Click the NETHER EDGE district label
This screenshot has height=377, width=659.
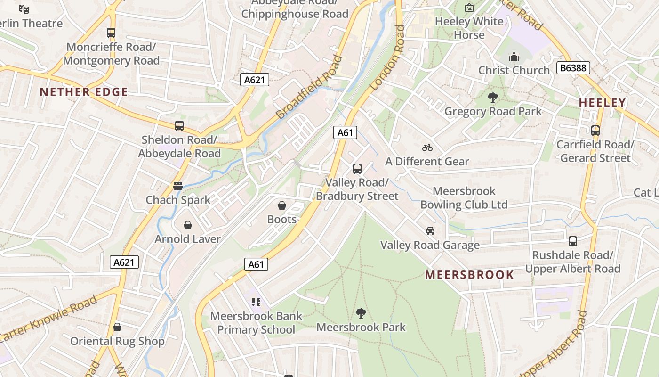[84, 92]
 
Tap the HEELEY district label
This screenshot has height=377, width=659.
[602, 102]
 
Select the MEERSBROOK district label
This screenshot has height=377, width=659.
[469, 275]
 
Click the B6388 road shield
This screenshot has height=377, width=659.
[573, 68]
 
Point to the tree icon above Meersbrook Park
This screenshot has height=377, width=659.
[361, 313]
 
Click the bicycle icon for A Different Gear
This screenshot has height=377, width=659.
[427, 148]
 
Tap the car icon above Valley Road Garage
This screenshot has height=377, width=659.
[430, 231]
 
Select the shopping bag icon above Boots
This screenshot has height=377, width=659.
[282, 205]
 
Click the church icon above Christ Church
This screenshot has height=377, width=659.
[514, 57]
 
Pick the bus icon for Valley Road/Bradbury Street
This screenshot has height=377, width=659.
[357, 168]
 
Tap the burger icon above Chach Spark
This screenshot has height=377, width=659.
[177, 186]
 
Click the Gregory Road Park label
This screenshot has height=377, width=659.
[493, 112]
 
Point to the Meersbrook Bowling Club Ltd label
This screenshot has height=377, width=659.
[464, 198]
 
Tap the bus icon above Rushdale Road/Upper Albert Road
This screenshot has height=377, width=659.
[573, 241]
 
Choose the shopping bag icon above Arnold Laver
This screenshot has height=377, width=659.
[188, 225]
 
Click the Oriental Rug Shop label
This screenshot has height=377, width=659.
[117, 341]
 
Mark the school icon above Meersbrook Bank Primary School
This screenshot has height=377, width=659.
[256, 302]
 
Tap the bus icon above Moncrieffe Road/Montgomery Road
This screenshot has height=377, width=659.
[111, 33]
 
